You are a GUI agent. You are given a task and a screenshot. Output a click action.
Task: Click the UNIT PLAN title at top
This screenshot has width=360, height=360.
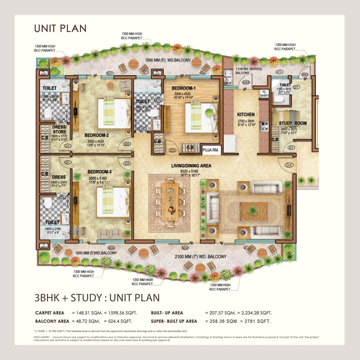(60, 28)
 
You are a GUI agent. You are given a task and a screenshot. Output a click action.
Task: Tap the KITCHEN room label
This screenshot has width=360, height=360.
(246, 114)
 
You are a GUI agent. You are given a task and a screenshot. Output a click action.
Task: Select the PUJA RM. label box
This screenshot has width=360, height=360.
(212, 148)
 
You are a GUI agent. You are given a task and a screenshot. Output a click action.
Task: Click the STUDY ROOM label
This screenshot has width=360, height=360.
(293, 123)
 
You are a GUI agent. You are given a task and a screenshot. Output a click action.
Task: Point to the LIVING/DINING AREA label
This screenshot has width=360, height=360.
(191, 166)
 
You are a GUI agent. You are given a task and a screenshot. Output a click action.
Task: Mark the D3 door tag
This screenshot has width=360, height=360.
(288, 165)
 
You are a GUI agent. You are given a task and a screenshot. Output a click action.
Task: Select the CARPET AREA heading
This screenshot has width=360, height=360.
(50, 313)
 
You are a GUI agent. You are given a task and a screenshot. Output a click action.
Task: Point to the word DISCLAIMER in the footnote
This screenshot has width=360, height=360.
(40, 337)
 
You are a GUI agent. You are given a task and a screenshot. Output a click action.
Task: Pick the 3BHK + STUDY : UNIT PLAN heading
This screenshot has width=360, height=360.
(97, 298)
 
